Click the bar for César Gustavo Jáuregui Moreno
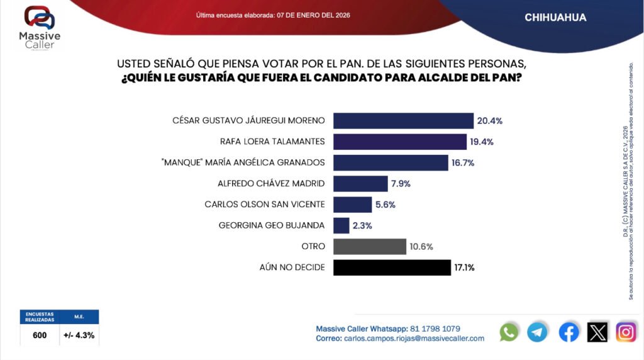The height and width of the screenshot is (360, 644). [x=402, y=121]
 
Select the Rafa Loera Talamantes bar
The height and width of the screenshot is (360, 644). [x=399, y=142]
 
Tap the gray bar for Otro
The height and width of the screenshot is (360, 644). [x=369, y=246]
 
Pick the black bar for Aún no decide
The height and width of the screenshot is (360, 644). [x=391, y=267]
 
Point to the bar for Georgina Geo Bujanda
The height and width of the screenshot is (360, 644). [x=341, y=225]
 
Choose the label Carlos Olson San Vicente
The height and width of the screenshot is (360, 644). [x=265, y=205]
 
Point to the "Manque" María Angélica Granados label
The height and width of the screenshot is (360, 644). [x=243, y=163]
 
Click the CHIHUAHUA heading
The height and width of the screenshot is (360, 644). [x=555, y=18]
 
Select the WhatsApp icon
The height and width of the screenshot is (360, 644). [x=509, y=332]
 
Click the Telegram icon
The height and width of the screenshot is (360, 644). [x=537, y=332]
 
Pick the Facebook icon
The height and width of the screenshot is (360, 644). [x=569, y=332]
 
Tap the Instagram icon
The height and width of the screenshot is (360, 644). [x=626, y=332]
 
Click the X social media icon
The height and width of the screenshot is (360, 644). [x=597, y=332]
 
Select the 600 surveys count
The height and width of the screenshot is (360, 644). [x=40, y=335]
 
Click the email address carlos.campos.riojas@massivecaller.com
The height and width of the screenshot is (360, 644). [x=414, y=339]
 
